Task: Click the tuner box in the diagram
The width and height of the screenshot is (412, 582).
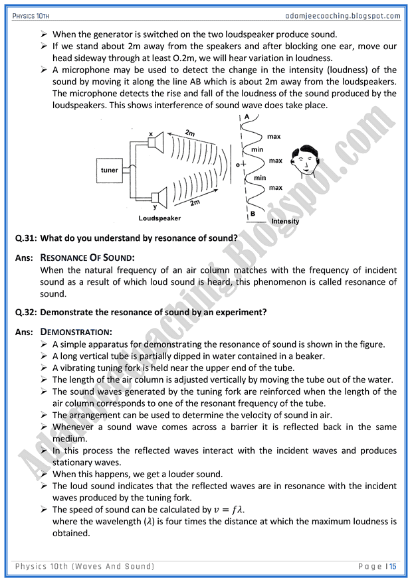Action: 110,171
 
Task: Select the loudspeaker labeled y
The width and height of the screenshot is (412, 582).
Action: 157,196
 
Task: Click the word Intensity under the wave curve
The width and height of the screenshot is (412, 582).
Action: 285,221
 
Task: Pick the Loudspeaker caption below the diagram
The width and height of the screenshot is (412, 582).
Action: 159,218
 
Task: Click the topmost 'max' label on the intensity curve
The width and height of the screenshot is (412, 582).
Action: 274,137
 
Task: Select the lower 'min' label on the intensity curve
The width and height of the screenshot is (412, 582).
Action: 260,177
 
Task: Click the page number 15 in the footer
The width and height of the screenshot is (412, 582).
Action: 393,566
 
